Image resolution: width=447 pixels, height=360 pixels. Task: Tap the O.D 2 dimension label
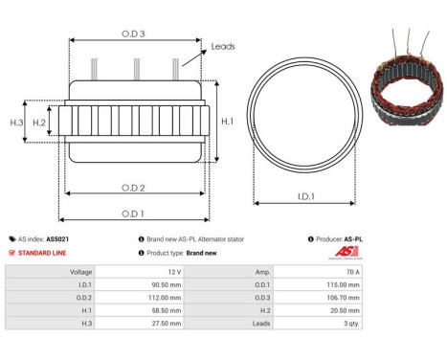[133, 172]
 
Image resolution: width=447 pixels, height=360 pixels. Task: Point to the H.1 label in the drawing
[227, 121]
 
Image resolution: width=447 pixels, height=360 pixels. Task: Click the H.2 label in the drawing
[39, 123]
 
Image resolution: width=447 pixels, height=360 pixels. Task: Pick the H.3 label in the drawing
[16, 123]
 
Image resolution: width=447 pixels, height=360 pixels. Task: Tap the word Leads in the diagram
[223, 46]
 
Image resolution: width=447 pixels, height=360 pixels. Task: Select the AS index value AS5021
[57, 239]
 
